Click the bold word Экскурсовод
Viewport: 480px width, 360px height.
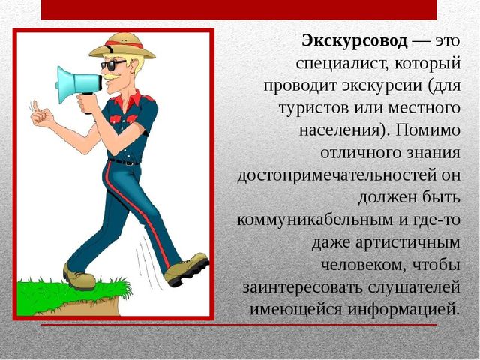355,41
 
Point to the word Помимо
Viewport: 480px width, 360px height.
427,130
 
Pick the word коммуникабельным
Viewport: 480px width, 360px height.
315,220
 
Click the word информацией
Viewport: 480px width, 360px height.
403,310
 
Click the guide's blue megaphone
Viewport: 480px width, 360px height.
79,85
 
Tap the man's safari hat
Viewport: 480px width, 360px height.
122,46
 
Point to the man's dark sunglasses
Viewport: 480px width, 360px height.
112,64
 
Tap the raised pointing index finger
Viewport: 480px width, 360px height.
35,106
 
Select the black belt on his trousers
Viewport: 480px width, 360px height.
124,162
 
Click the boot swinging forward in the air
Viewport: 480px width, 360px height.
187,268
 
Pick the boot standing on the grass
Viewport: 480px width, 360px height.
79,277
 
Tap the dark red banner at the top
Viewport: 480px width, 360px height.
238,10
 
